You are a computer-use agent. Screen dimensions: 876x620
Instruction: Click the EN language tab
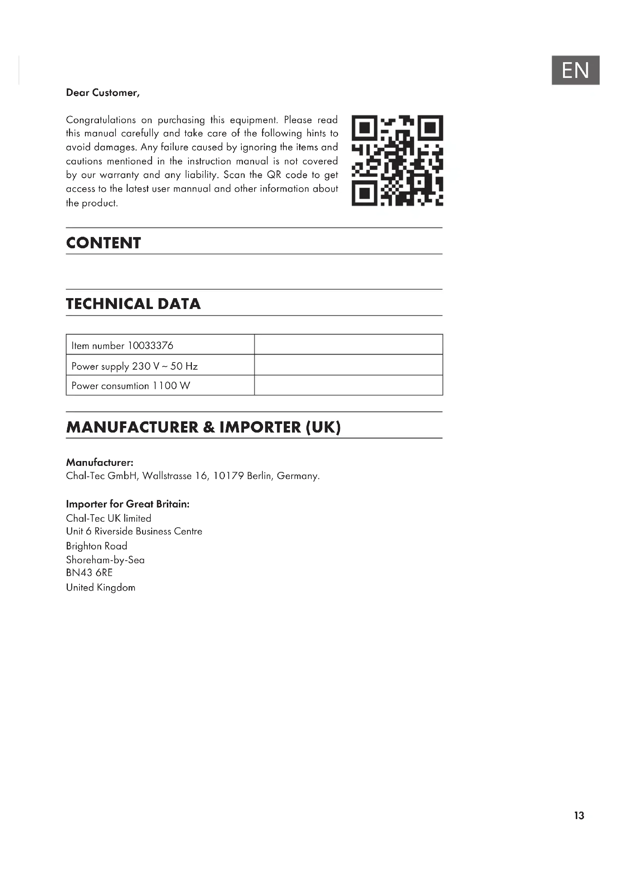[x=575, y=70]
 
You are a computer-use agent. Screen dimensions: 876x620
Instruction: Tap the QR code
[x=397, y=160]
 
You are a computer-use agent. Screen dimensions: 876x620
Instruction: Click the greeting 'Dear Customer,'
[x=103, y=93]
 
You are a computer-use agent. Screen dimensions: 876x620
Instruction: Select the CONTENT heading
[x=103, y=243]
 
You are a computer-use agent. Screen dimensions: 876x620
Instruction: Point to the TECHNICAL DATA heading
[x=133, y=304]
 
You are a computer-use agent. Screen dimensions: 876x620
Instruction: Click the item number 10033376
[x=150, y=346]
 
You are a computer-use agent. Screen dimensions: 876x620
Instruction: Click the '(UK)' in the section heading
[x=323, y=427]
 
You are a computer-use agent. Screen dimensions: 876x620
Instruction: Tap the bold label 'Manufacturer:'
[x=100, y=463]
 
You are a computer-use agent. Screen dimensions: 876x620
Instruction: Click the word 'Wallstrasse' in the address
[x=167, y=476]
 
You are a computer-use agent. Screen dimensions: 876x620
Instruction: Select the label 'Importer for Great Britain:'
[x=127, y=504]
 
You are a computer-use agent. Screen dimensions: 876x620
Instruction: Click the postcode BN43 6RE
[x=89, y=573]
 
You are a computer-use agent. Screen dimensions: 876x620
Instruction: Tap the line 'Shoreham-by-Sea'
[x=105, y=560]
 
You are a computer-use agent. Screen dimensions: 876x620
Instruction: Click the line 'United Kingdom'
[x=101, y=587]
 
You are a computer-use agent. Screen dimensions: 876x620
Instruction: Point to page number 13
[x=579, y=815]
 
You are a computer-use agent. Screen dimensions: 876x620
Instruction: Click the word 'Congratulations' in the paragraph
[x=101, y=120]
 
